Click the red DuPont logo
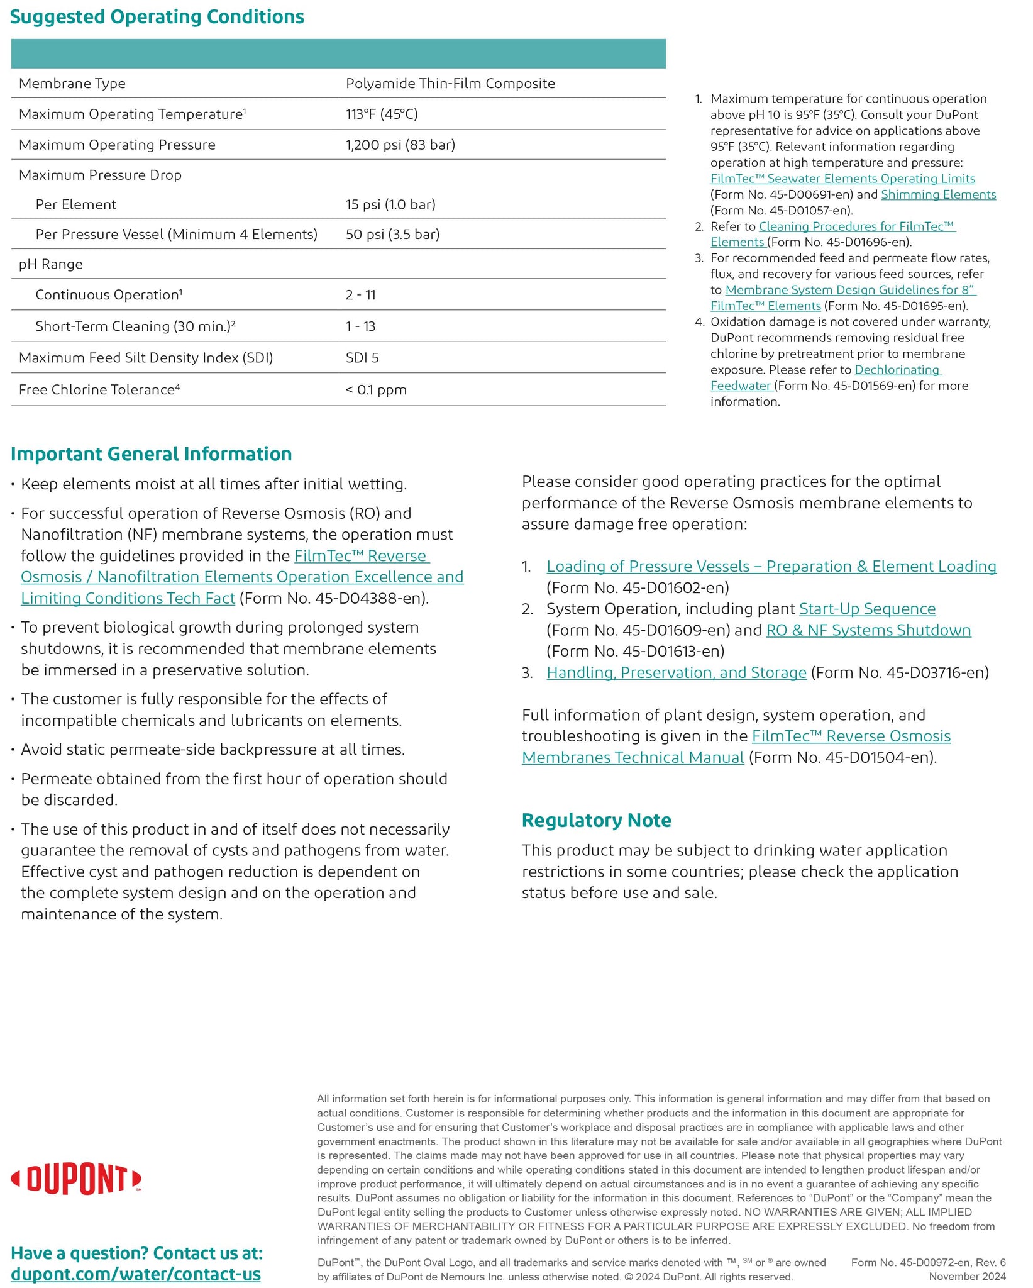(76, 1180)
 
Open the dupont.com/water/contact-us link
(136, 1274)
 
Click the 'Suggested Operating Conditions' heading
(157, 17)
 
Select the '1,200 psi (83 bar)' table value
(400, 145)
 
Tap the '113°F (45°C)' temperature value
(382, 114)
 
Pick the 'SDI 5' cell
(362, 358)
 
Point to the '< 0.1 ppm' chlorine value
(376, 390)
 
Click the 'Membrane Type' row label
(72, 84)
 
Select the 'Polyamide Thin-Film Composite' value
(450, 84)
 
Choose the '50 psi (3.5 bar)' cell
(392, 235)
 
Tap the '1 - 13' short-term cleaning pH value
(360, 326)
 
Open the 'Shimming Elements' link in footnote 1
(938, 195)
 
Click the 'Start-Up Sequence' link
(867, 609)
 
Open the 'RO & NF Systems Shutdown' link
(868, 630)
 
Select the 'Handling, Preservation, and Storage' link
(677, 673)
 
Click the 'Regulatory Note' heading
(596, 821)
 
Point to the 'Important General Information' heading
(152, 454)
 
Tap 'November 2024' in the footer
(967, 1276)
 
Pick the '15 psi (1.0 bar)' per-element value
(390, 204)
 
